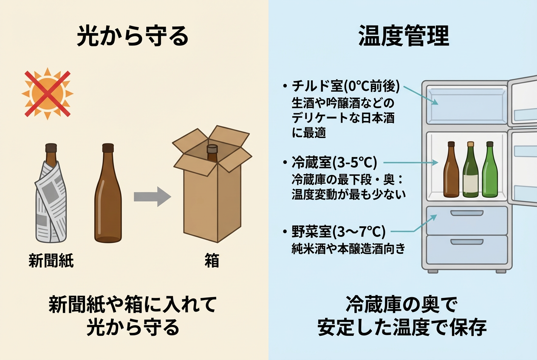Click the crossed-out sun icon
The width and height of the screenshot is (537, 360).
pyautogui.click(x=47, y=93)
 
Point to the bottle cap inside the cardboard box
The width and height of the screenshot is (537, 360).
pyautogui.click(x=212, y=149)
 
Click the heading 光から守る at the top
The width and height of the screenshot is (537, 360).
pyautogui.click(x=133, y=37)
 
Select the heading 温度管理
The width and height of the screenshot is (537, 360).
pyautogui.click(x=404, y=37)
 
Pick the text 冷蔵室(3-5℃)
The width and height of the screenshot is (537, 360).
pyautogui.click(x=335, y=163)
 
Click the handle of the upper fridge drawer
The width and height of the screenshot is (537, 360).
pyautogui.click(x=466, y=212)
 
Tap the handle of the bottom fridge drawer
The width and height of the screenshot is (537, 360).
pyautogui.click(x=466, y=242)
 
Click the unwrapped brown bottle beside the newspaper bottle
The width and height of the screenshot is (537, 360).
pyautogui.click(x=107, y=195)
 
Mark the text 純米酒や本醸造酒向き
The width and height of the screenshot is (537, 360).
pyautogui.click(x=348, y=248)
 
